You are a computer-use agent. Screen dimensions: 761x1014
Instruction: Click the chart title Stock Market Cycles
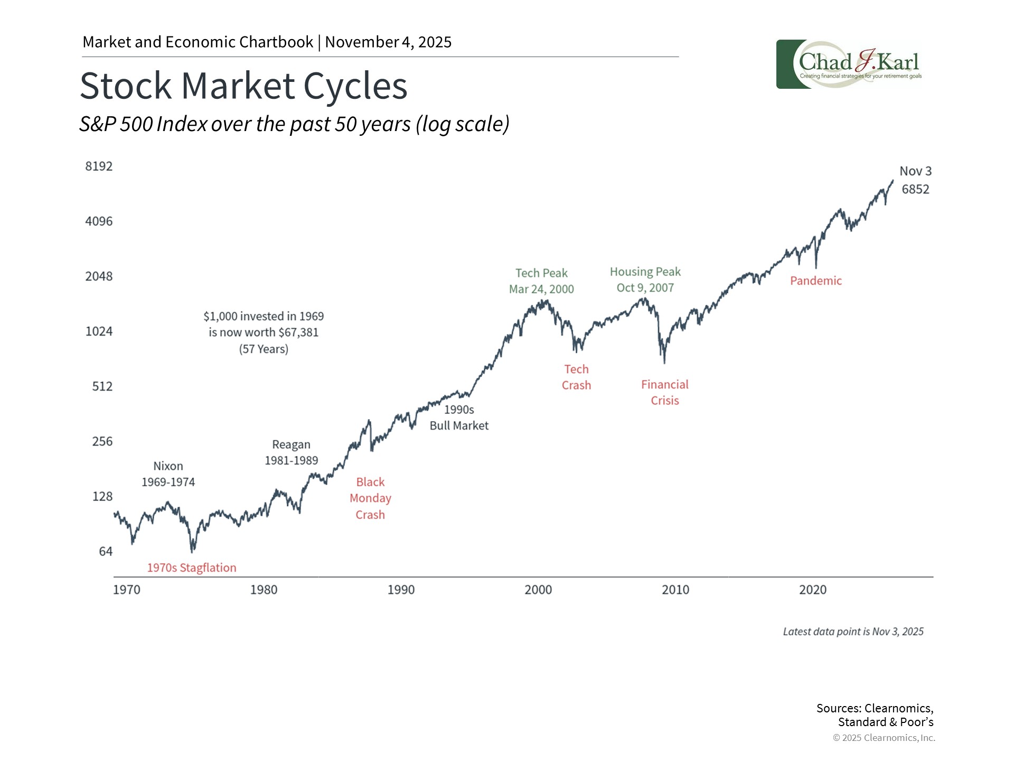point(243,86)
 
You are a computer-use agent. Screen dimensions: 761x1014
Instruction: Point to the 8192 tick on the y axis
point(99,166)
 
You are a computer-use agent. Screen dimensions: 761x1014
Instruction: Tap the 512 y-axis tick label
point(102,386)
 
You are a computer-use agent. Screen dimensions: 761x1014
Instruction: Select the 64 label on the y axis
point(106,552)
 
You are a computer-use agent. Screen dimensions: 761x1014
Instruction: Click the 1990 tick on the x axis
point(401,590)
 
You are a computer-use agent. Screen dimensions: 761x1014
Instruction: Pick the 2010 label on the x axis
point(675,590)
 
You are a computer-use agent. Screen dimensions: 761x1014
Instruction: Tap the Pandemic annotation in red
point(815,281)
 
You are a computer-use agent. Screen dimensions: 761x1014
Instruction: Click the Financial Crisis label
point(664,393)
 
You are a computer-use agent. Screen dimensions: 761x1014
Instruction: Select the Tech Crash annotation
point(576,377)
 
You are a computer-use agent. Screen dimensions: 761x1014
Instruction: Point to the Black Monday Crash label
point(370,498)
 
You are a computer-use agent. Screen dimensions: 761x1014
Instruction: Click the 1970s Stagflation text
point(192,568)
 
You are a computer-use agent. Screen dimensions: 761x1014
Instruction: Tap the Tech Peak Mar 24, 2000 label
point(541,281)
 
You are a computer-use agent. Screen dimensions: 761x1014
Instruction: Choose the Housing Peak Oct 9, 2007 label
point(645,280)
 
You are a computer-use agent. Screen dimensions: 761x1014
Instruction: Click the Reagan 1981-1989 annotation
point(291,452)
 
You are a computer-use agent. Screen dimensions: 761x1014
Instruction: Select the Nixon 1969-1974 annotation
point(168,474)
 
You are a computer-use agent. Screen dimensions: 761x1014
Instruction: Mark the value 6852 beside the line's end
point(915,189)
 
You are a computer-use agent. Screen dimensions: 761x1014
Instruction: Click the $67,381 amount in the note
point(298,332)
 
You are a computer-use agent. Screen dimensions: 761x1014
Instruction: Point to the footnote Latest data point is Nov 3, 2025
point(853,632)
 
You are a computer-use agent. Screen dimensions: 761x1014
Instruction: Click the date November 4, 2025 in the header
point(388,42)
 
